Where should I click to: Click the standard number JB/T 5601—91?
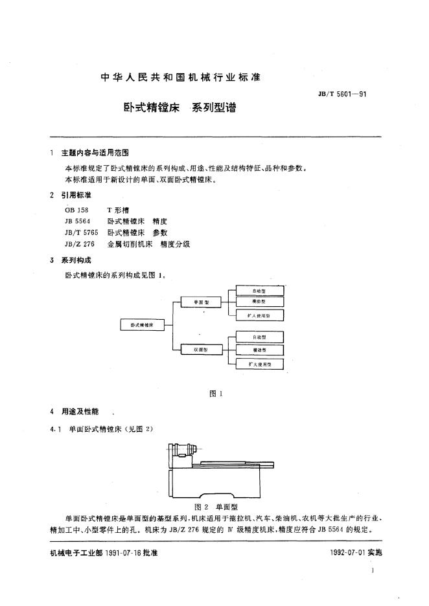[343, 95]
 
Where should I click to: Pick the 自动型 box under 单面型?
[259, 291]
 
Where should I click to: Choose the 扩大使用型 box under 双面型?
[259, 365]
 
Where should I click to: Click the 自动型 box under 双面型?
[259, 337]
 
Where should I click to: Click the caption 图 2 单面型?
[218, 507]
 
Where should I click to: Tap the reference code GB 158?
[76, 210]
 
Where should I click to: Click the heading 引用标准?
[75, 195]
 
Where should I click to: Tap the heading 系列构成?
[75, 260]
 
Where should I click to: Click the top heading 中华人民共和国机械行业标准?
[181, 77]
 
